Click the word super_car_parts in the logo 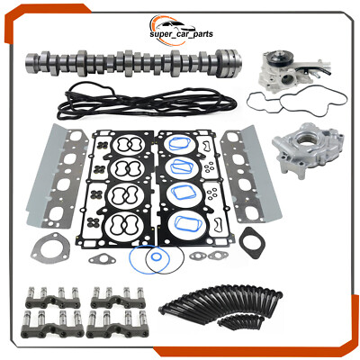point(181,33)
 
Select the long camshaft point(133,62)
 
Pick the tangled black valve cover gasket point(147,101)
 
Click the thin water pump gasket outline point(297,103)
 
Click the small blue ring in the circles point(156,256)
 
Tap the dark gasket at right point(253,243)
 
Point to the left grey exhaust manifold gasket point(57,176)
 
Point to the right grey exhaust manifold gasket point(251,174)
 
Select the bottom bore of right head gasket point(184,223)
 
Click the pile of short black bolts point(240,321)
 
